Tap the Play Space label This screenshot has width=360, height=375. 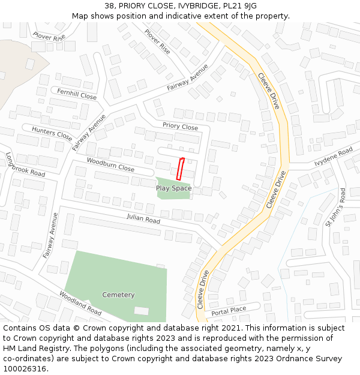click(173, 188)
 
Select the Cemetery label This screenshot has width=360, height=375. click(118, 295)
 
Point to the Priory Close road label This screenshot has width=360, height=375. click(180, 127)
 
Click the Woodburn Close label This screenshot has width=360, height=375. click(110, 164)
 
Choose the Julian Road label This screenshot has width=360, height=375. click(143, 220)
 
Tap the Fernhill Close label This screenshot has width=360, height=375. click(77, 94)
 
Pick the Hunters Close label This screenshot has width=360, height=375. click(52, 134)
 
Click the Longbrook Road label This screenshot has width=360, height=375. click(25, 164)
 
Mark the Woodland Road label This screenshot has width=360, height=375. click(80, 304)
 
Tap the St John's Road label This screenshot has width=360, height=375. click(335, 208)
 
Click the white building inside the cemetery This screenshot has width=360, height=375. click(141, 311)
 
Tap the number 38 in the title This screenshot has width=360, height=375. click(109, 6)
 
